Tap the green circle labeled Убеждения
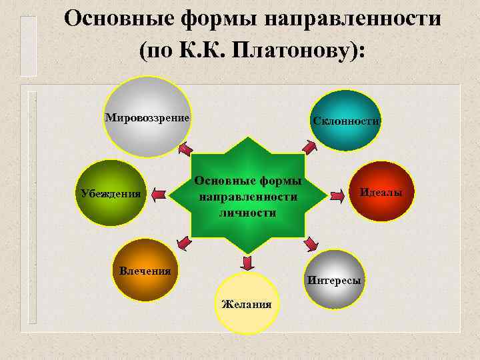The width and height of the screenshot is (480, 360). [110, 193]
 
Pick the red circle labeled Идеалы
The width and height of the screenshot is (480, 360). [382, 192]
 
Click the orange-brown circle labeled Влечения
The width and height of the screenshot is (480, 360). [145, 270]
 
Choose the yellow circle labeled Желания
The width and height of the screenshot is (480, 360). [247, 303]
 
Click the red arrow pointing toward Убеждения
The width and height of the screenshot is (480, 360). [159, 195]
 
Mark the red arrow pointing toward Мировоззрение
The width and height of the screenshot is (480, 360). [185, 148]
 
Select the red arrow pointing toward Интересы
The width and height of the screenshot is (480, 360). [310, 243]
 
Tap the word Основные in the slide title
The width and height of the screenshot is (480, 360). [119, 18]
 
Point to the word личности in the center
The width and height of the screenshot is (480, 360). [247, 213]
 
